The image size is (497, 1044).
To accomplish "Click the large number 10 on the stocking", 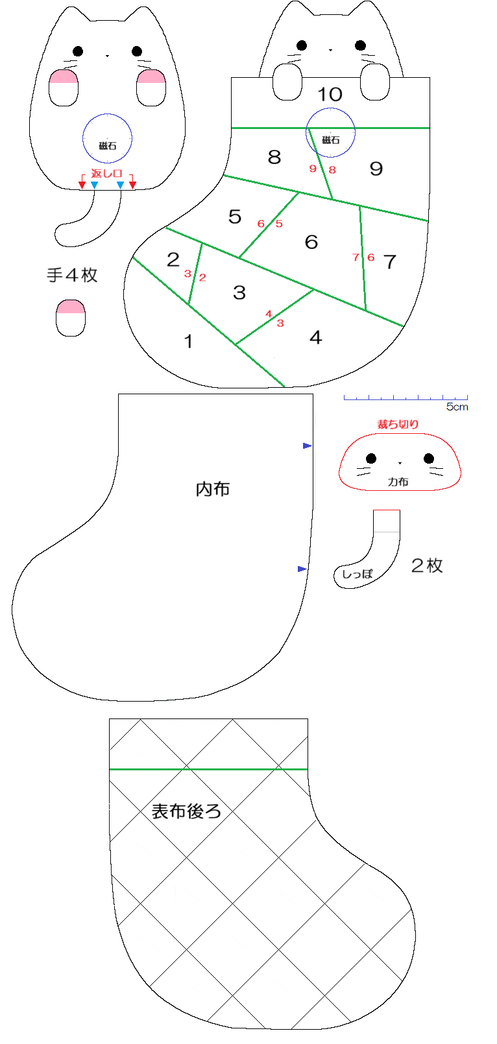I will pos(330,95).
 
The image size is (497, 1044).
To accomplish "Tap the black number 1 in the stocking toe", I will pos(188,342).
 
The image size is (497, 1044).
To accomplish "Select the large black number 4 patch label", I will pos(315,337).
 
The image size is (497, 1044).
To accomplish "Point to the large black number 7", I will pos(389,262).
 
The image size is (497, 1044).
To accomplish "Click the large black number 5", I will pos(235,217).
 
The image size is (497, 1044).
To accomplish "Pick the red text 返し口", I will pos(107,174).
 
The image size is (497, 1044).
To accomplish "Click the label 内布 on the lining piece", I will pos(213,489).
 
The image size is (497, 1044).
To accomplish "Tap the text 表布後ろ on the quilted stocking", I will pos(187,811).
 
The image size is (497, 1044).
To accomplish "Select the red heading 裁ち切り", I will pos(398,424).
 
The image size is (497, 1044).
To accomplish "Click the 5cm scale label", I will pos(457,407).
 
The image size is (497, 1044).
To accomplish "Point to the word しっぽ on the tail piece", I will pos(357,574).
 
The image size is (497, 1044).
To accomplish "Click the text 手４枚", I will pos(72,275).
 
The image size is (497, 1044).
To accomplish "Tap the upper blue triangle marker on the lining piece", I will pos(307,446).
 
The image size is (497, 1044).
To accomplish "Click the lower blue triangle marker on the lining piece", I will pos(302,569).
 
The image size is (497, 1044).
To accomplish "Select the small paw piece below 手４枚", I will pos(71,318).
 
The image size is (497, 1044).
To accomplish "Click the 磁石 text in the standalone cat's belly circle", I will pos(107,146).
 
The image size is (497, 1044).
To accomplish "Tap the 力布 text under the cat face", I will pos(398,482).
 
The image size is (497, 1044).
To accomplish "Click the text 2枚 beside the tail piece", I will pos(427,565).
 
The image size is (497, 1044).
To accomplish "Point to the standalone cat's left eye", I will pos(78,51).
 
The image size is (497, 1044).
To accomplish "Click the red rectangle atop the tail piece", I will pos(387,521).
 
